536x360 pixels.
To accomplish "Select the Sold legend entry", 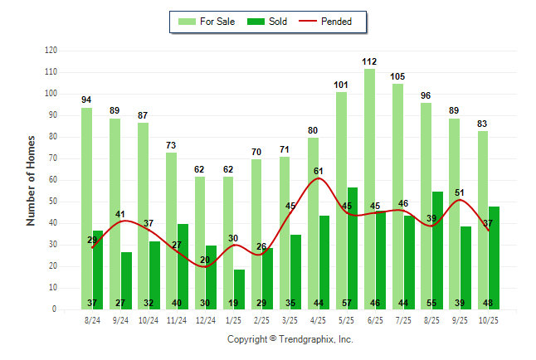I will point(270,22).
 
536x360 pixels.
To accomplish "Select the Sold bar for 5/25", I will point(353,248).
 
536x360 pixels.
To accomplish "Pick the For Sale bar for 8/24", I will point(86,207).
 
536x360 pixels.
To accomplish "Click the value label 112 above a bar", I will point(369,61).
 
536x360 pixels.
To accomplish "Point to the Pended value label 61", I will point(319,171).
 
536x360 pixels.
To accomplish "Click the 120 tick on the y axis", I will point(51,51).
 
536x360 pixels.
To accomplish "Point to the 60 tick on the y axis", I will point(52,180).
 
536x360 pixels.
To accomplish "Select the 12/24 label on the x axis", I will point(205,319).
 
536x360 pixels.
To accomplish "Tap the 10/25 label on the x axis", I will point(488,319).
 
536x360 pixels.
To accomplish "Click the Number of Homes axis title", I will point(32,180).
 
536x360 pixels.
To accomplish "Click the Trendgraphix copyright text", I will point(290,339).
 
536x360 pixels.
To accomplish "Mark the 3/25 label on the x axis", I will point(290,319).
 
